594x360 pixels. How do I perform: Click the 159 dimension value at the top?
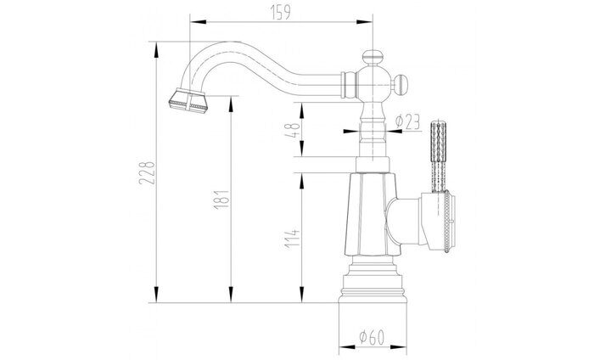tap(277, 13)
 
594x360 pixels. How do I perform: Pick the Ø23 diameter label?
tap(409, 123)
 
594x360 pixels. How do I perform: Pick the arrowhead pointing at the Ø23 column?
tap(350, 132)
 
